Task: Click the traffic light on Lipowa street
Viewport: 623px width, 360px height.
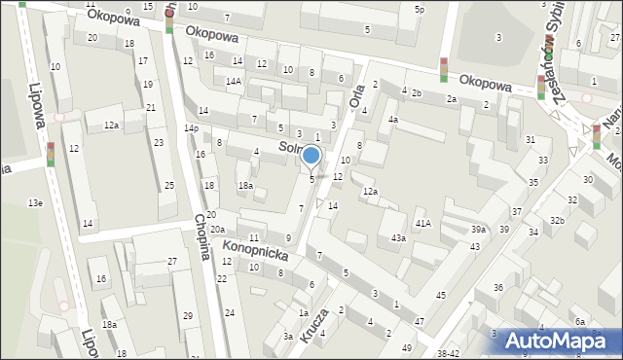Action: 51,153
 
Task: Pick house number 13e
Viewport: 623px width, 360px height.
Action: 35,202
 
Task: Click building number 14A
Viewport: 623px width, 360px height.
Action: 234,81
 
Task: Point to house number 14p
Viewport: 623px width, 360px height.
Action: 191,128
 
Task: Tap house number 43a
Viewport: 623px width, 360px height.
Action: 398,238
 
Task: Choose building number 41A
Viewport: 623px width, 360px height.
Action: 422,224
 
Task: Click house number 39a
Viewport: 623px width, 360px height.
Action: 478,229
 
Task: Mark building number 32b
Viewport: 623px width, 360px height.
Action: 557,221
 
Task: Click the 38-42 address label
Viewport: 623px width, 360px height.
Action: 449,353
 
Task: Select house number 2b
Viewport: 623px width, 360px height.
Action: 416,93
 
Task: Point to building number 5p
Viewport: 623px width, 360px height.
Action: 420,10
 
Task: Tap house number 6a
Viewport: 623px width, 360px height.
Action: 579,322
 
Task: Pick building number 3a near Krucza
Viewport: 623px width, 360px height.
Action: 288,336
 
